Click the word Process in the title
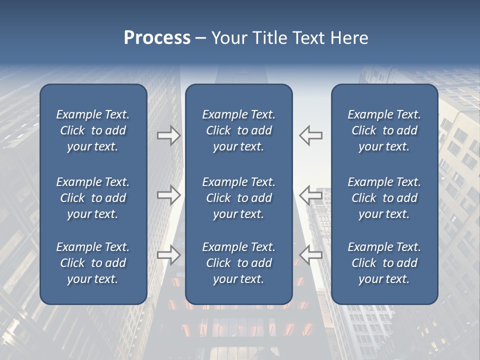pos(157,38)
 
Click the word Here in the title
pos(348,38)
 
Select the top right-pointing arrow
pos(168,135)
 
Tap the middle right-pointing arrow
pos(168,195)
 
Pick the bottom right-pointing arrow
pos(168,255)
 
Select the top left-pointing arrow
pos(310,135)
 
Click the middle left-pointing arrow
pos(310,195)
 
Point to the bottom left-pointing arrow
pos(310,255)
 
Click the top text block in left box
pos(93,130)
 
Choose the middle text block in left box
pos(93,198)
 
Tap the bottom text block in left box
pos(93,263)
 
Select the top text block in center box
pos(238,130)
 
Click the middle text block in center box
pos(238,198)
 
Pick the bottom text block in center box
pos(238,263)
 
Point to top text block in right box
pos(384,130)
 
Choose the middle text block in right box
pos(384,198)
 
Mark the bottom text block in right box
pos(384,263)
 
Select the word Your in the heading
pos(230,38)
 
